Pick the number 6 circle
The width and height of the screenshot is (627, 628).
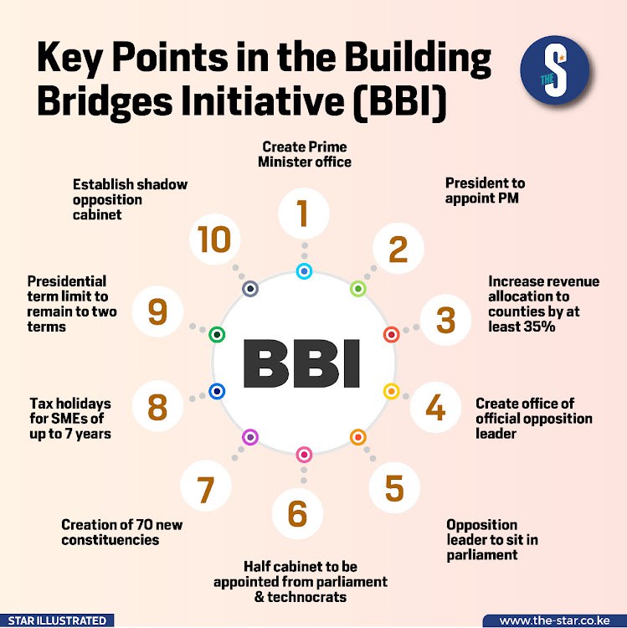[x=298, y=513]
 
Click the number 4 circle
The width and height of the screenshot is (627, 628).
[x=435, y=406]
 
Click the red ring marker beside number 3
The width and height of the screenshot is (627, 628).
[x=390, y=335]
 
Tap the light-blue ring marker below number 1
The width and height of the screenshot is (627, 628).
[x=304, y=271]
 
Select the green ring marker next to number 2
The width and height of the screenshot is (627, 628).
[x=357, y=289]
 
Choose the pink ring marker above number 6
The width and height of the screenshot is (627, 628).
[x=304, y=455]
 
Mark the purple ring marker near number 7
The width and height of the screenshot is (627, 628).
[x=249, y=437]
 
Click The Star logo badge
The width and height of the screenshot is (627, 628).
[x=555, y=69]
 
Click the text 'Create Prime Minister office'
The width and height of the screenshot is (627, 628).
[x=304, y=153]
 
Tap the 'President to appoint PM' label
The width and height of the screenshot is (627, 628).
[x=486, y=190]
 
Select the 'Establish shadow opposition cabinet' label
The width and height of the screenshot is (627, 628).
[x=130, y=199]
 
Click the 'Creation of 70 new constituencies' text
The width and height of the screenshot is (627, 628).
[x=121, y=532]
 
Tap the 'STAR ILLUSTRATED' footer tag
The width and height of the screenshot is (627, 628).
[x=55, y=620]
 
